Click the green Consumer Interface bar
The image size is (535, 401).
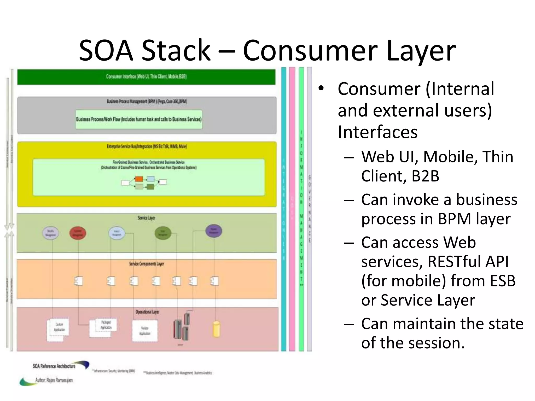pyautogui.click(x=146, y=76)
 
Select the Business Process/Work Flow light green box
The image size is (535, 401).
pyautogui.click(x=139, y=119)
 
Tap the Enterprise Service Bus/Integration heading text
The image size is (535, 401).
pyautogui.click(x=147, y=146)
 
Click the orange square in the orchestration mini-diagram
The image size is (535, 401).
pyautogui.click(x=139, y=179)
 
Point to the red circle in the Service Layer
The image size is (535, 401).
pyautogui.click(x=78, y=233)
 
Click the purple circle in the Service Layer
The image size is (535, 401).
pyautogui.click(x=214, y=231)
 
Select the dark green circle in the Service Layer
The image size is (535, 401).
pyautogui.click(x=163, y=233)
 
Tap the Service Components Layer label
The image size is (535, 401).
pyautogui.click(x=146, y=264)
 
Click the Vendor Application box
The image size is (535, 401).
pyautogui.click(x=145, y=331)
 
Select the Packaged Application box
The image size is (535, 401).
pyautogui.click(x=106, y=325)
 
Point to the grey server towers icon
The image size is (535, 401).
pyautogui.click(x=182, y=328)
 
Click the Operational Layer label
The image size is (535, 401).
pyautogui.click(x=147, y=312)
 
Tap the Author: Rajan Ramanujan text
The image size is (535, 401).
pyautogui.click(x=54, y=380)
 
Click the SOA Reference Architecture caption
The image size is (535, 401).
pyautogui.click(x=54, y=366)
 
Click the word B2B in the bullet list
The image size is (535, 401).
pyautogui.click(x=425, y=176)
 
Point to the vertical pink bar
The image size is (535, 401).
pyautogui.click(x=292, y=209)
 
